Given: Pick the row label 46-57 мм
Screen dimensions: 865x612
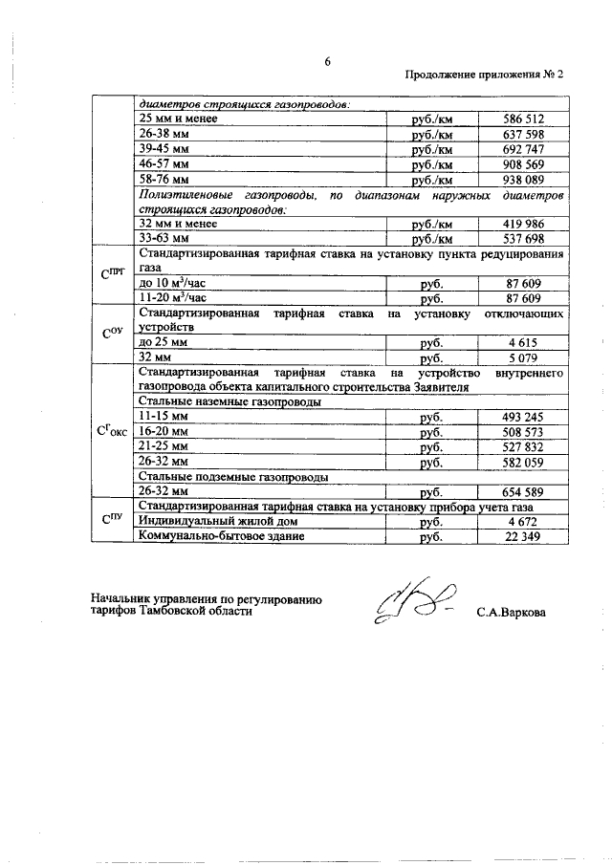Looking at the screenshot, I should pos(165,164).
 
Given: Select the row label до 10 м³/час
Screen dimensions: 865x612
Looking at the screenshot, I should pos(172,283).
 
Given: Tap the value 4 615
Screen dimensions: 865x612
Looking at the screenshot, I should pos(524,342).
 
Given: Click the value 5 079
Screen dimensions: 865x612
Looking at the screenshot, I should pos(524,357).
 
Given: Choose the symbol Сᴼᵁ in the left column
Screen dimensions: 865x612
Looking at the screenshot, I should pos(112,335).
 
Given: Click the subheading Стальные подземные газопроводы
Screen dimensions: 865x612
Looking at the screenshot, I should pos(234,476).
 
